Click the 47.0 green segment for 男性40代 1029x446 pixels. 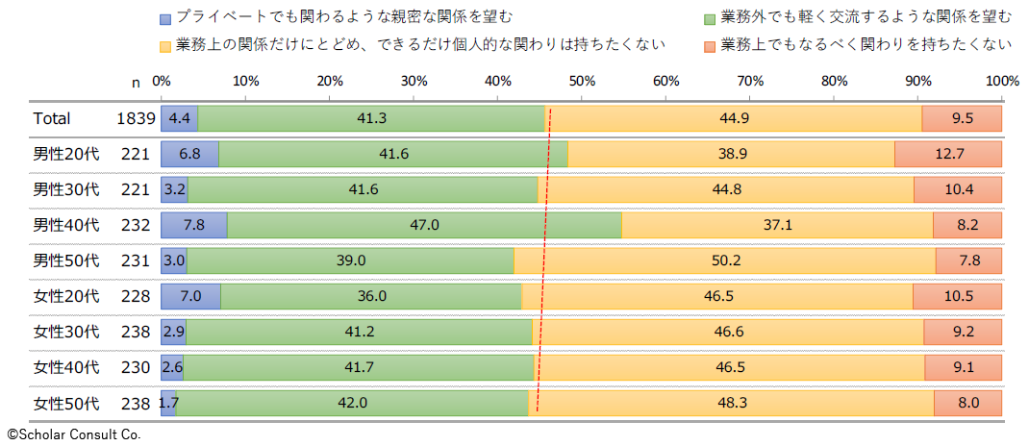pyautogui.click(x=424, y=225)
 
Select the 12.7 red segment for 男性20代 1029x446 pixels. pyautogui.click(x=948, y=154)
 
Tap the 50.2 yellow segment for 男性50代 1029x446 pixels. pyautogui.click(x=725, y=260)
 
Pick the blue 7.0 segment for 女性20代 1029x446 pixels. pyautogui.click(x=190, y=296)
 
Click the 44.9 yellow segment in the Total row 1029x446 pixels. pyautogui.click(x=733, y=118)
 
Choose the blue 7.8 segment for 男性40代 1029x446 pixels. pyautogui.click(x=193, y=225)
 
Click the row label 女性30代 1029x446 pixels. pyautogui.click(x=66, y=332)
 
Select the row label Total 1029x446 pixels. pyautogui.click(x=52, y=118)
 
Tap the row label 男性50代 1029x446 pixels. pyautogui.click(x=66, y=260)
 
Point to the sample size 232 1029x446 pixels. pyautogui.click(x=137, y=225)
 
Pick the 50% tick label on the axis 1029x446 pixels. pyautogui.click(x=582, y=82)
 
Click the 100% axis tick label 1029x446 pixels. pyautogui.click(x=1001, y=82)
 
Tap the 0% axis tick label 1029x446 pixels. pyautogui.click(x=162, y=82)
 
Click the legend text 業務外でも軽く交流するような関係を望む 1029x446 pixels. pyautogui.click(x=866, y=18)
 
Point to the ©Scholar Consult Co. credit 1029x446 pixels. pyautogui.click(x=74, y=434)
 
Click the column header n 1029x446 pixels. pyautogui.click(x=137, y=82)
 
